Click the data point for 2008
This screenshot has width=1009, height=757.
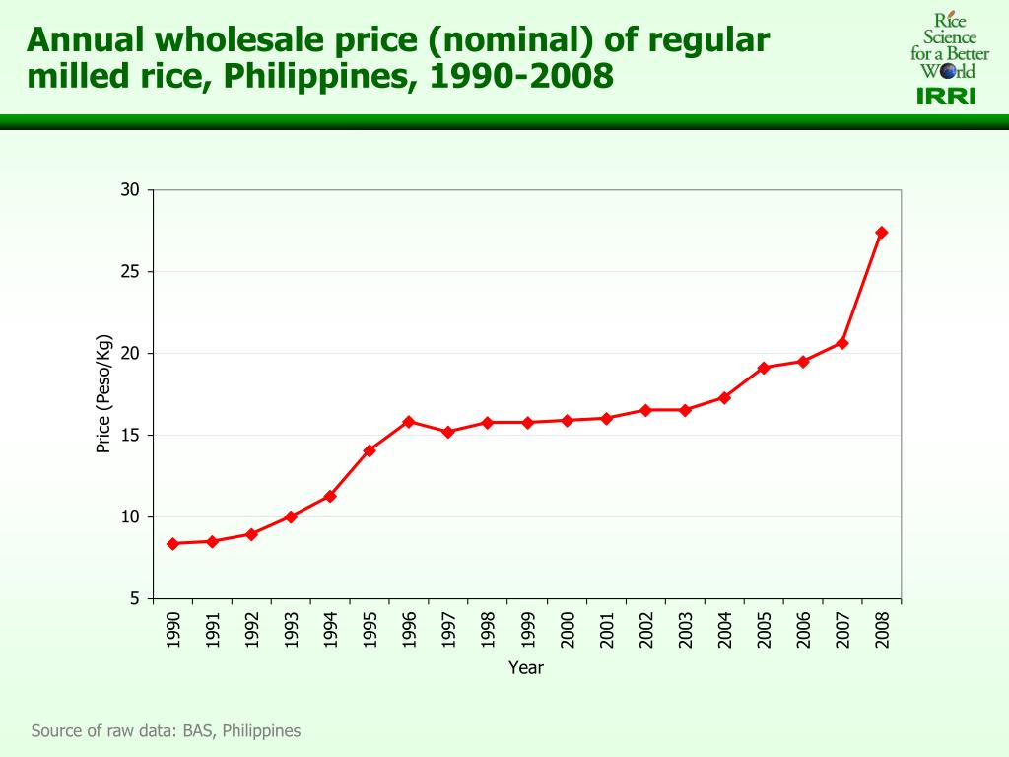pyautogui.click(x=881, y=233)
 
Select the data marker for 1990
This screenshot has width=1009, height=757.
pyautogui.click(x=172, y=544)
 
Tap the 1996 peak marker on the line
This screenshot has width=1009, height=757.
pyautogui.click(x=409, y=422)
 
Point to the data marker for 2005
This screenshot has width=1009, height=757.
pyautogui.click(x=764, y=368)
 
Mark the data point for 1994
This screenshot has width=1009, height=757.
pyautogui.click(x=330, y=496)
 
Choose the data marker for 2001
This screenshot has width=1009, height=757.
pyautogui.click(x=606, y=418)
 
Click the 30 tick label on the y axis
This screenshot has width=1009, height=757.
pyautogui.click(x=131, y=190)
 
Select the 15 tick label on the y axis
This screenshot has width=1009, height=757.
pyautogui.click(x=131, y=436)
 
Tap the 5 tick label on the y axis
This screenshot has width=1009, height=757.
pyautogui.click(x=135, y=599)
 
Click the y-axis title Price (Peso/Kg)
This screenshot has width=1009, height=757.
pyautogui.click(x=102, y=394)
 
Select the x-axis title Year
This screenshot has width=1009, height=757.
pyautogui.click(x=526, y=668)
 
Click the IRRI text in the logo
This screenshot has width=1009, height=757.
pyautogui.click(x=946, y=97)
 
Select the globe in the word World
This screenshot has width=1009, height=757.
pyautogui.click(x=947, y=72)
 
